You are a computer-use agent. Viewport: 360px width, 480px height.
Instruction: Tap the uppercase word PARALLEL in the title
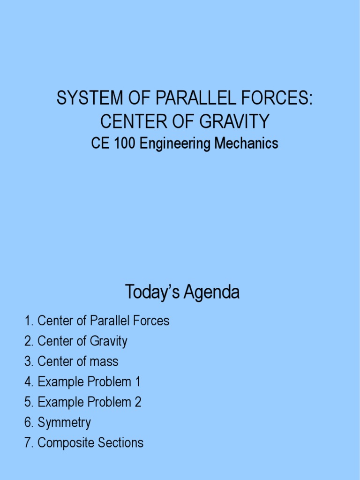(x=183, y=99)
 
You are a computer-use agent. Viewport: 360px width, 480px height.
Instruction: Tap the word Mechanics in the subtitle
(x=246, y=143)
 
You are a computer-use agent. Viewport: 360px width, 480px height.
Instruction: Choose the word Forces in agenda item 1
(x=150, y=321)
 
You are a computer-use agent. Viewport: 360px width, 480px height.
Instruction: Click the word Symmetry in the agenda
(x=64, y=423)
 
